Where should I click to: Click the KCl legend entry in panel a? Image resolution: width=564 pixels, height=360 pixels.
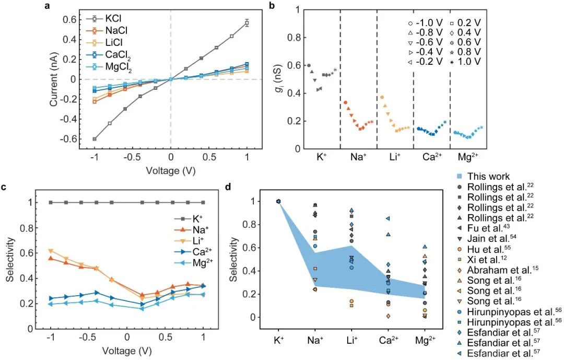coord(117,19)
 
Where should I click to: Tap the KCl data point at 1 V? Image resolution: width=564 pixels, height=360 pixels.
coord(247,22)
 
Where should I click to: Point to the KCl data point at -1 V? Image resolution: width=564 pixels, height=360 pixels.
coord(94,139)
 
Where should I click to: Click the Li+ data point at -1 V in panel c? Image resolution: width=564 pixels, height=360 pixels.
coord(51,251)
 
